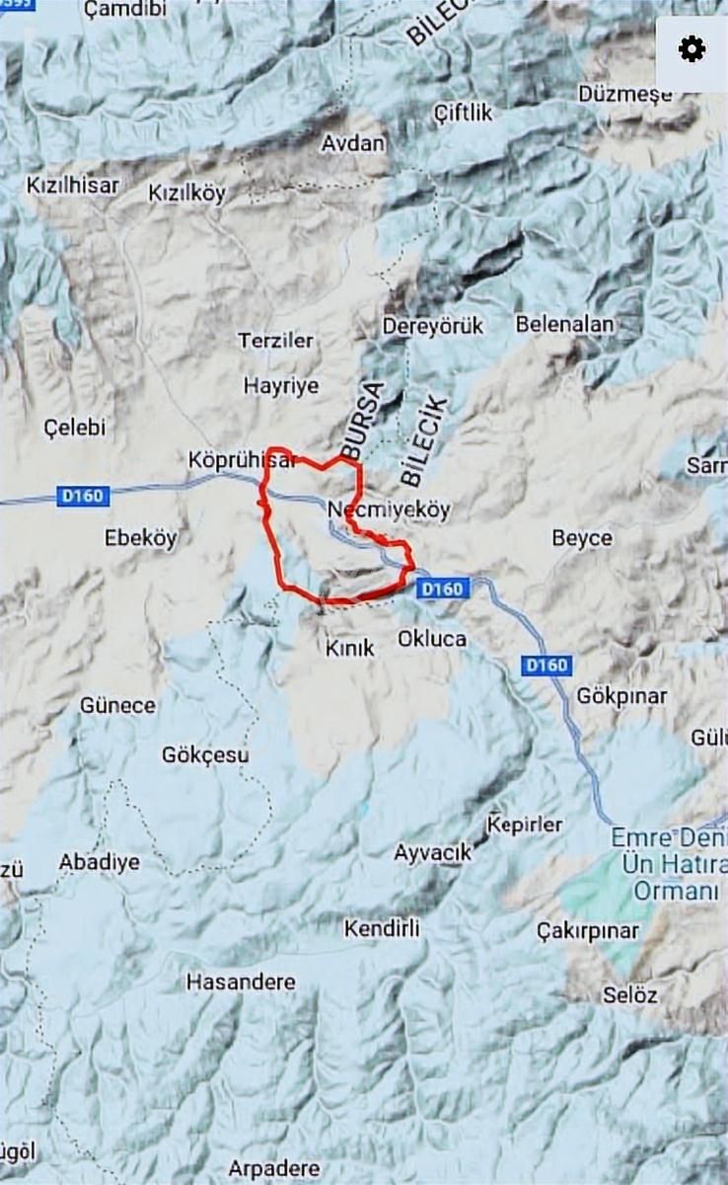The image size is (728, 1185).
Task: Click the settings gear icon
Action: (692, 49)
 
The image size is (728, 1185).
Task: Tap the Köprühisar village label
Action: (242, 460)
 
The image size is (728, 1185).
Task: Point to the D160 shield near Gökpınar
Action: (546, 666)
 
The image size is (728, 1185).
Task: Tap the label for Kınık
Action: (350, 648)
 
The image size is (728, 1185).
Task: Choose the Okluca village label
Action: (431, 638)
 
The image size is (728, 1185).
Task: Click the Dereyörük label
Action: (433, 325)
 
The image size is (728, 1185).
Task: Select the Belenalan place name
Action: (564, 324)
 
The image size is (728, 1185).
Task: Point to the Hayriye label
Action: (281, 385)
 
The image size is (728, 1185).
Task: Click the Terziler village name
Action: (275, 341)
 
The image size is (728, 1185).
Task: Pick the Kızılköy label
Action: (186, 193)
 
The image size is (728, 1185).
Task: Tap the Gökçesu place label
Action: (205, 755)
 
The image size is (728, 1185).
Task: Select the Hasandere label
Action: (241, 983)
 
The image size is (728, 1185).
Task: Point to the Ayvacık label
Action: (433, 851)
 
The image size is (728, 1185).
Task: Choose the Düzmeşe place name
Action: (625, 94)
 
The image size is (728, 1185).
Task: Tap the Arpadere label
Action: (274, 1169)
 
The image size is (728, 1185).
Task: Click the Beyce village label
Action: (582, 538)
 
